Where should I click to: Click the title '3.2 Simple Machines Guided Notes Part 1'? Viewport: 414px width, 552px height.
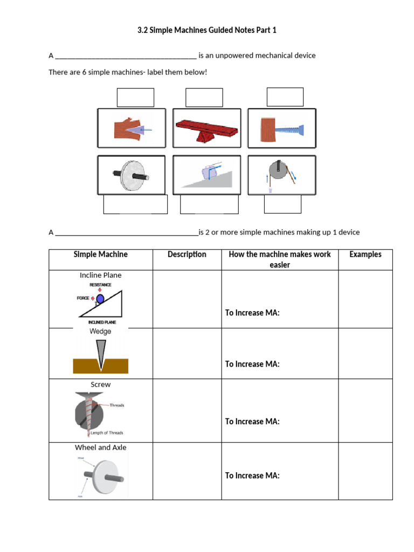tap(207, 30)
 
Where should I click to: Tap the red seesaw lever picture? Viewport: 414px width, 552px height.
tap(206, 129)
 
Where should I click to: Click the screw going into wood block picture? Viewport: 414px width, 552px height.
tap(281, 129)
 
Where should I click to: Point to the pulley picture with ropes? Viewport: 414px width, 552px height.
tap(282, 175)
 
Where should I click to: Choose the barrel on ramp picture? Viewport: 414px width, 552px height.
tap(206, 174)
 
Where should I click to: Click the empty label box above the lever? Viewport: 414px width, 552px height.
tap(204, 98)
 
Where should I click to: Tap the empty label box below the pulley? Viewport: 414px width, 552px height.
tap(282, 204)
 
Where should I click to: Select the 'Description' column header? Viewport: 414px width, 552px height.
tap(187, 254)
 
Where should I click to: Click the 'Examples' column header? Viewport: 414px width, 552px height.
tap(365, 254)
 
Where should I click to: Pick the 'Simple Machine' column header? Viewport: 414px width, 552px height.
tap(101, 254)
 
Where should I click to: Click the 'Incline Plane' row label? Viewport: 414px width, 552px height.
tap(101, 275)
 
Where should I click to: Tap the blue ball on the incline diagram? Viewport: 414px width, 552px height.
tap(100, 298)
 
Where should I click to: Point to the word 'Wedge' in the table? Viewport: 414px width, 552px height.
tap(100, 332)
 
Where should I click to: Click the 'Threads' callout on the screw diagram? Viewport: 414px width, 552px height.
tap(116, 405)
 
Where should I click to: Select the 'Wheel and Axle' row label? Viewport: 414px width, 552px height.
tap(101, 447)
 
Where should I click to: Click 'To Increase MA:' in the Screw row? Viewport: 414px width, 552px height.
tap(252, 422)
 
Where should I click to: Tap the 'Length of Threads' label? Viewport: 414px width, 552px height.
tap(107, 432)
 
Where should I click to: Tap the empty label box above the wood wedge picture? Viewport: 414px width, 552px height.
tap(135, 98)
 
